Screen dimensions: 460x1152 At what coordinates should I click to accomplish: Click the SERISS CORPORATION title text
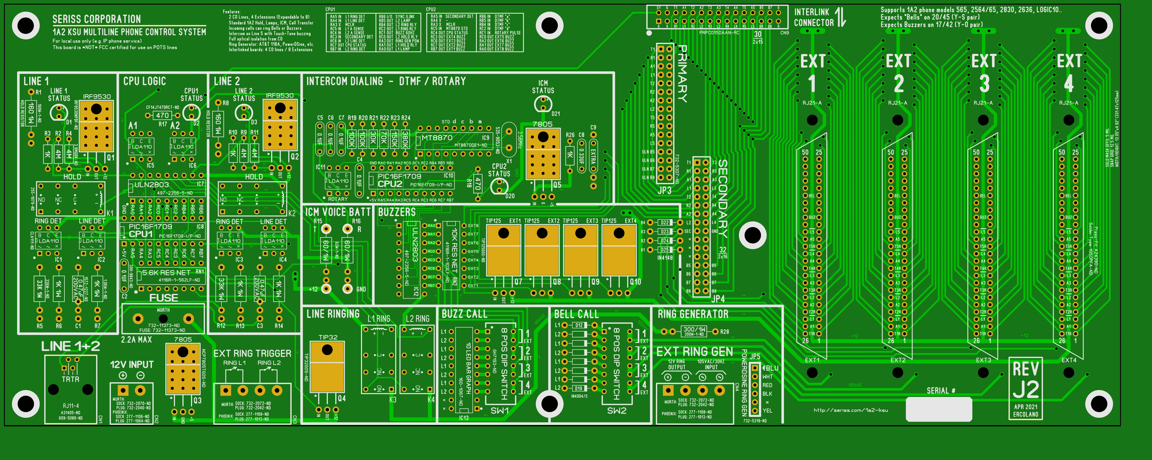[x=97, y=19]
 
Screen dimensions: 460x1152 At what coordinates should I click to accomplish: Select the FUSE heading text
[x=163, y=298]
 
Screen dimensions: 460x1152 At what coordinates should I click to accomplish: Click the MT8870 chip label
[x=437, y=138]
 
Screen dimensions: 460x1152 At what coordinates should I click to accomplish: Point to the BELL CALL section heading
[x=576, y=314]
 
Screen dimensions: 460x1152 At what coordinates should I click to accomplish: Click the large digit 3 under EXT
[x=984, y=84]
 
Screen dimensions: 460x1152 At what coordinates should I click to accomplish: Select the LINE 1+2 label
[x=71, y=346]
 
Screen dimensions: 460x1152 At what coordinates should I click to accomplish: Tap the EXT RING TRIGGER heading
[x=252, y=354]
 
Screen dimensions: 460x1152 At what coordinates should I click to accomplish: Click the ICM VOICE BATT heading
[x=338, y=212]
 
